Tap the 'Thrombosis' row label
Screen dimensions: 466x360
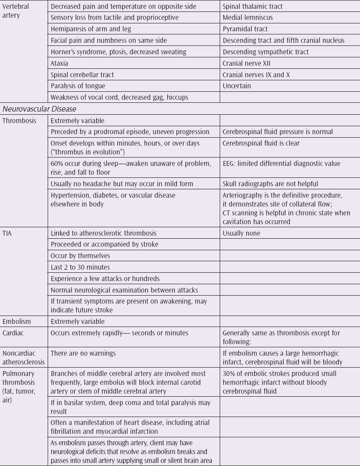(x=19, y=120)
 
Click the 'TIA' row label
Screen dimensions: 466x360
(x=7, y=233)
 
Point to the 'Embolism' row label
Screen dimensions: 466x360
(x=17, y=322)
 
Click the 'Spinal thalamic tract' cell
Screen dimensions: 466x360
(x=253, y=7)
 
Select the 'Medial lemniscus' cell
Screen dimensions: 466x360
(x=247, y=18)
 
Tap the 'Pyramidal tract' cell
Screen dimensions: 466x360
(x=245, y=29)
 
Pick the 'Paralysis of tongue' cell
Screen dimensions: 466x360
(x=78, y=86)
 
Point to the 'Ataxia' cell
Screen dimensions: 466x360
(x=60, y=63)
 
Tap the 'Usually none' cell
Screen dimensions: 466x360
(x=241, y=233)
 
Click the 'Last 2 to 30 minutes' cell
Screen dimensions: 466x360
(x=80, y=267)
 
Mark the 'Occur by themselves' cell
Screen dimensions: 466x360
(x=80, y=256)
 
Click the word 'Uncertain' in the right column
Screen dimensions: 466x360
(x=237, y=86)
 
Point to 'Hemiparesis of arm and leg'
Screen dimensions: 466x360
(x=91, y=29)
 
